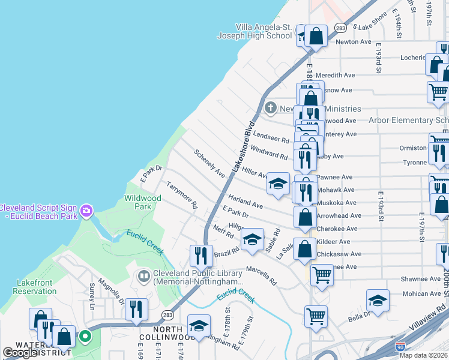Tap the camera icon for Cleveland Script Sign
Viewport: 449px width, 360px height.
87,210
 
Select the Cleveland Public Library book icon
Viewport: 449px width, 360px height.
143,276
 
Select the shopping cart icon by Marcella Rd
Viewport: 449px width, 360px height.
322,275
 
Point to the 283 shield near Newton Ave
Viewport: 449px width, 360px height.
340,28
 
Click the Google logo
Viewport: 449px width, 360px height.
20,353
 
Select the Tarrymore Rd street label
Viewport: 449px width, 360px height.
182,196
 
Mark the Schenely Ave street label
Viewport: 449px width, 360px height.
209,163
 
